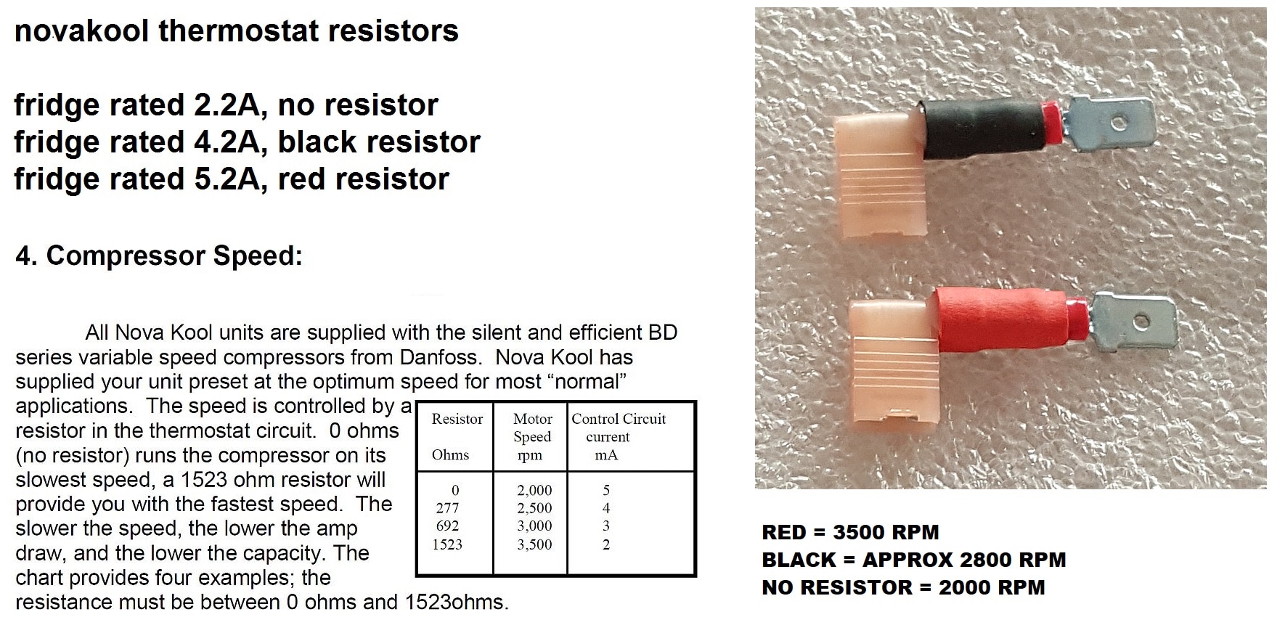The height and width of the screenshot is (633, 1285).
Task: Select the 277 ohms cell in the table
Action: coord(448,508)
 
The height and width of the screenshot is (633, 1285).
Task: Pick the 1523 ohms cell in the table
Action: coord(448,544)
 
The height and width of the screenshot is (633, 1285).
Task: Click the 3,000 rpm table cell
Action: coord(534,526)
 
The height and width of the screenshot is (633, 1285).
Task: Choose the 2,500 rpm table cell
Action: coord(534,508)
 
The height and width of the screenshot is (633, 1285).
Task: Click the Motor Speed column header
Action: coord(532,436)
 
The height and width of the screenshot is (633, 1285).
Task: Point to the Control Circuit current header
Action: coord(618,436)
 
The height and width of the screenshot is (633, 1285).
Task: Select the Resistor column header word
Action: coord(457,419)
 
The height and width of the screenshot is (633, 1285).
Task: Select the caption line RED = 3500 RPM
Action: coord(850,532)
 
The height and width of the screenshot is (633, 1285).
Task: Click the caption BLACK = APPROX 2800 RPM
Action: coord(914,560)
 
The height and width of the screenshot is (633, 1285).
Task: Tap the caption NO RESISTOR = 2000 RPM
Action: coord(903,587)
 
